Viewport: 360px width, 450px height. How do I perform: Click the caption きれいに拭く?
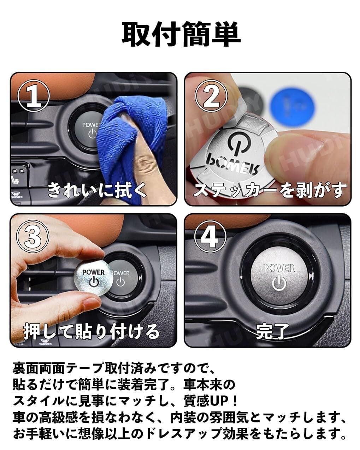pos(97,190)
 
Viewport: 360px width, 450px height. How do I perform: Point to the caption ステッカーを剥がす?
pos(270,190)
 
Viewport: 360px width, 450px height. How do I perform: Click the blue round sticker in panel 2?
pos(293,105)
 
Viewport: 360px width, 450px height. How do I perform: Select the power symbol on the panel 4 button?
pos(279,283)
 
